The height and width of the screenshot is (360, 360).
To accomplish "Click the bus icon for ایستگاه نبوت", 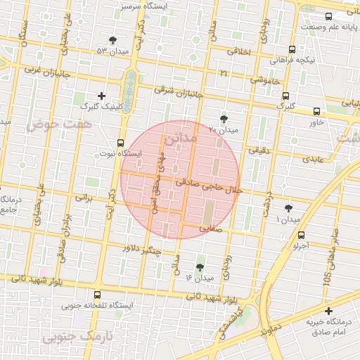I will (x=120, y=142).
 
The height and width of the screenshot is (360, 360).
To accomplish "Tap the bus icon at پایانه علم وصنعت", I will (x=328, y=16).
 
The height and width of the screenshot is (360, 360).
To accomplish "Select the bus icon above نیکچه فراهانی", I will (x=292, y=50).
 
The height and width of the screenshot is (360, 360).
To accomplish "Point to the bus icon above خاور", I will (x=316, y=111).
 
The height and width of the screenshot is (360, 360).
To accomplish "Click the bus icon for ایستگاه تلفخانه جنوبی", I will (x=96, y=295).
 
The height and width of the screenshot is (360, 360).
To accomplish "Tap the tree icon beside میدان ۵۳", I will (x=114, y=40).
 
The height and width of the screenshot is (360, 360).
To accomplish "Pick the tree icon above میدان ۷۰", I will (x=224, y=118).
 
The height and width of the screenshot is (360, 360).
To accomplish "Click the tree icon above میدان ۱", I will (x=288, y=209).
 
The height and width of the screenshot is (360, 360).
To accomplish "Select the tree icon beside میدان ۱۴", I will (x=200, y=267).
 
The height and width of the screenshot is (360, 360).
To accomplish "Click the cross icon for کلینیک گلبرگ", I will (x=101, y=95).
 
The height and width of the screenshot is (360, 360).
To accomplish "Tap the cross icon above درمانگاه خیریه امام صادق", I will (x=328, y=311).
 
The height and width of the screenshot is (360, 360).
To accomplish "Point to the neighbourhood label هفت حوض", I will (x=50, y=124).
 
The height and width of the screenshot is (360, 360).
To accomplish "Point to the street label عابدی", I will (x=314, y=160).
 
